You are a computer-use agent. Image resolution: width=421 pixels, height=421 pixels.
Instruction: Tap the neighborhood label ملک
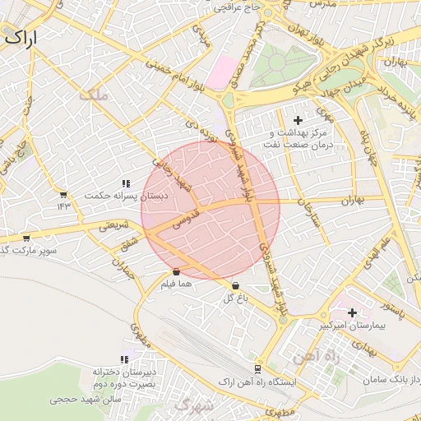[92, 95]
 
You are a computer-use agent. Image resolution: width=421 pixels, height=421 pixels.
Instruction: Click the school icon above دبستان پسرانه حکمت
[125, 183]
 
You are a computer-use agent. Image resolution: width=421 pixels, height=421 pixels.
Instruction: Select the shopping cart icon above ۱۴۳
[63, 194]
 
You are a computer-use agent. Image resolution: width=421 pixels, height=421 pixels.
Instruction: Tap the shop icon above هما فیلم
[177, 271]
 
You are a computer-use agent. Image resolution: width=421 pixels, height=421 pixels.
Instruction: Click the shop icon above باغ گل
[236, 286]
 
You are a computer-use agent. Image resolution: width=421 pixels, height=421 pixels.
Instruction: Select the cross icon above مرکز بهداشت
[298, 121]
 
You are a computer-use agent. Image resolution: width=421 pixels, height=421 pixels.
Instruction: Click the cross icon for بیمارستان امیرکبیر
[352, 312]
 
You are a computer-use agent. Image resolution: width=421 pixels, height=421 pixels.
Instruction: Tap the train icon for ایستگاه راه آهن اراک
[258, 369]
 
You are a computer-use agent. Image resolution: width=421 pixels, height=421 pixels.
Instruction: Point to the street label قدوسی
[183, 218]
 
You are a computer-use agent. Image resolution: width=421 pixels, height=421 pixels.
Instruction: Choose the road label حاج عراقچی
[237, 8]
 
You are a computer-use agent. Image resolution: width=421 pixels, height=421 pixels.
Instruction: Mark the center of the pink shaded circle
[210, 210]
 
